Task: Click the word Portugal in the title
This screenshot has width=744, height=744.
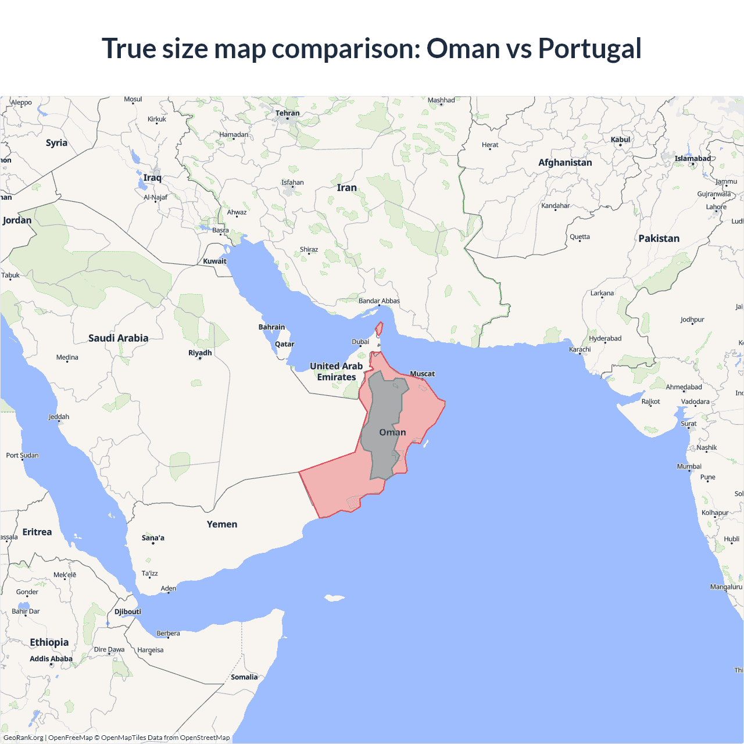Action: (x=589, y=48)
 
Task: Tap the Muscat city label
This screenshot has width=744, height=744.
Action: (x=422, y=374)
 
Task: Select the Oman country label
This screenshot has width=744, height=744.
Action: (x=392, y=432)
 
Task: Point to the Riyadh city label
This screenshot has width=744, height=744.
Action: (x=200, y=353)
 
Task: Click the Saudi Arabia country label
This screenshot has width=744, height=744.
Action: (x=118, y=338)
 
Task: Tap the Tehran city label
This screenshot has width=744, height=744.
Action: (x=287, y=113)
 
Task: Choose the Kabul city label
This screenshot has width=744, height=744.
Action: (x=620, y=139)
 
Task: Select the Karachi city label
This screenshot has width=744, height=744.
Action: (x=580, y=349)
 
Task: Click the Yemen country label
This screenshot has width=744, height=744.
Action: (x=222, y=524)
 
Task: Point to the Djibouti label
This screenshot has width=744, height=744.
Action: (x=127, y=611)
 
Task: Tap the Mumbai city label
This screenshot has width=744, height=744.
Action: (x=689, y=466)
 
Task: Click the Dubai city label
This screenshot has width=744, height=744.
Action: (x=360, y=342)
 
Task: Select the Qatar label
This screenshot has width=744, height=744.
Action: (x=284, y=344)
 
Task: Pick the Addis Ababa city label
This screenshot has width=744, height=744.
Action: (x=51, y=659)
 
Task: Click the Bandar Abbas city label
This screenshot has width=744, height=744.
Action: (x=379, y=301)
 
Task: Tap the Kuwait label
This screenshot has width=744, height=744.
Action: (x=214, y=261)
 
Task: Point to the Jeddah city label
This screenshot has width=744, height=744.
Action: (x=59, y=417)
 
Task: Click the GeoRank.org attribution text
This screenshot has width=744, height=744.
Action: (x=23, y=738)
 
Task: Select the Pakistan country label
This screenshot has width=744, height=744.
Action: (x=659, y=238)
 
